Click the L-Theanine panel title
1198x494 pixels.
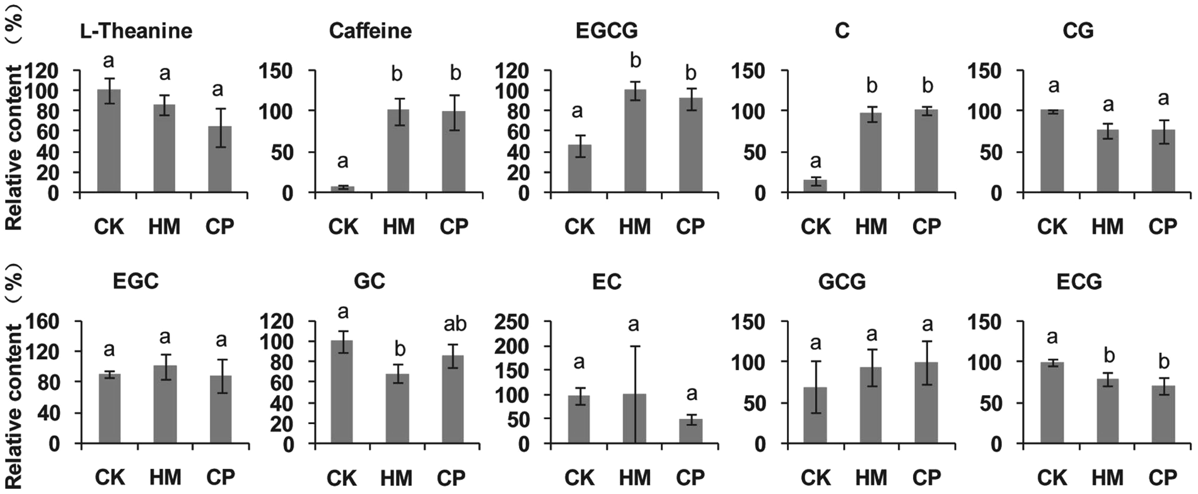click(x=136, y=31)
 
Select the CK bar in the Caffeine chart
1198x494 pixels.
click(x=342, y=189)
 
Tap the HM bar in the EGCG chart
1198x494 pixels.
click(x=635, y=141)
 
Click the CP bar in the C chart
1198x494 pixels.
click(x=927, y=151)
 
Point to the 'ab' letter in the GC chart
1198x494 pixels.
click(x=455, y=324)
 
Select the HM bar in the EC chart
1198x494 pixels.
click(x=635, y=419)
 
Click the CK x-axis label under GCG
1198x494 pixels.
click(x=815, y=477)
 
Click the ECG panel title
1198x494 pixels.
click(x=1079, y=282)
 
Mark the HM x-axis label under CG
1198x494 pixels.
click(x=1107, y=226)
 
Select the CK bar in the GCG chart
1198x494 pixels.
click(x=815, y=416)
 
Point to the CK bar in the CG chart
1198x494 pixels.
click(x=1052, y=151)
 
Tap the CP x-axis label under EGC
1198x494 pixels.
click(x=221, y=477)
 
